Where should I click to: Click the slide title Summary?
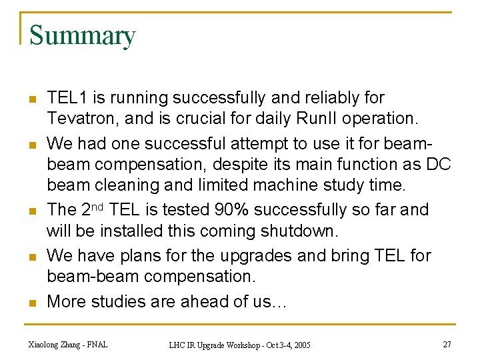[82, 35]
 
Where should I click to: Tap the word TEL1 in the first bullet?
[67, 98]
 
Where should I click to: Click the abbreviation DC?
[439, 164]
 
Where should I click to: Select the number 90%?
[233, 210]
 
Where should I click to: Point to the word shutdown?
[301, 232]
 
